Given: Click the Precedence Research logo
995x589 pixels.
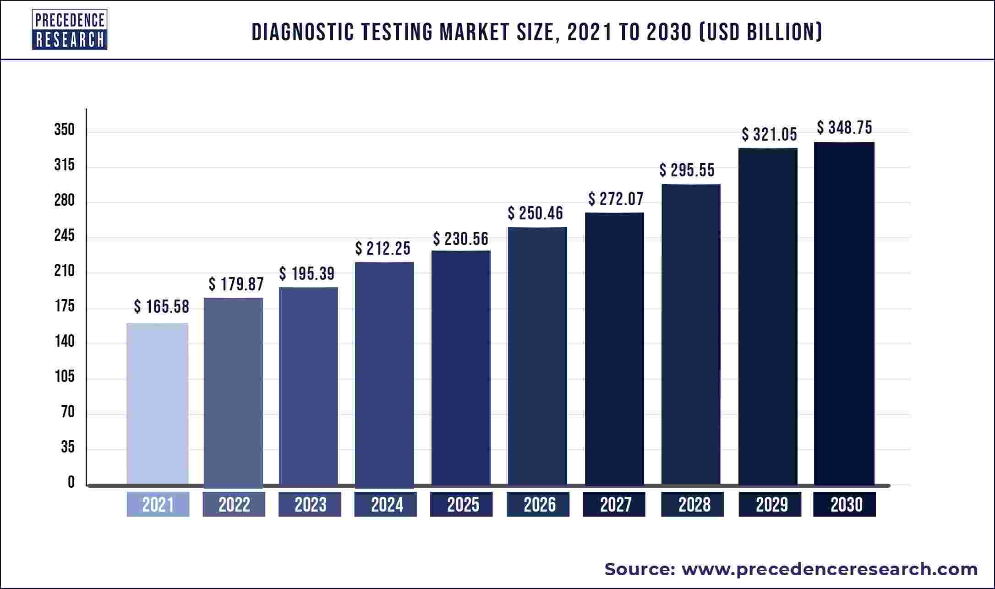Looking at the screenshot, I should click(70, 30).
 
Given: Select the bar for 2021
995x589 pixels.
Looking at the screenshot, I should click(157, 403).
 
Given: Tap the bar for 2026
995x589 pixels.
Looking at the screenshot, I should click(537, 356).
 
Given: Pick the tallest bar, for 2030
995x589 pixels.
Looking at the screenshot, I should click(844, 313).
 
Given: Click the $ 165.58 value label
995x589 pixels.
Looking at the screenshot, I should click(161, 307).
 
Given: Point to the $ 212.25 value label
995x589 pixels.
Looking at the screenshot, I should click(383, 249).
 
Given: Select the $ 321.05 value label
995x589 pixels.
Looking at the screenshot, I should click(769, 135).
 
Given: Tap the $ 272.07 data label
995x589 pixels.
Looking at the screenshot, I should click(616, 199).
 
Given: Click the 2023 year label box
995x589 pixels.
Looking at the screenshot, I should click(310, 505).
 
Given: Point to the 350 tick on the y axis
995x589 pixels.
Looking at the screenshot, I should click(64, 130).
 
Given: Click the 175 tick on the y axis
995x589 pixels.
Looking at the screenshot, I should click(64, 306).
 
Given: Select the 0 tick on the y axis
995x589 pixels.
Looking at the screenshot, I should click(71, 482).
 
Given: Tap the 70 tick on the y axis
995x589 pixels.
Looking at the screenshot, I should click(68, 412).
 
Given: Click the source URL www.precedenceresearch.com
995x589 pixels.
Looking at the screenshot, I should click(830, 569).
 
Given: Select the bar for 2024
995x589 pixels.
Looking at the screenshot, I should click(384, 373).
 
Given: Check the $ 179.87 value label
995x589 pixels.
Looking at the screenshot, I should click(236, 284).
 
